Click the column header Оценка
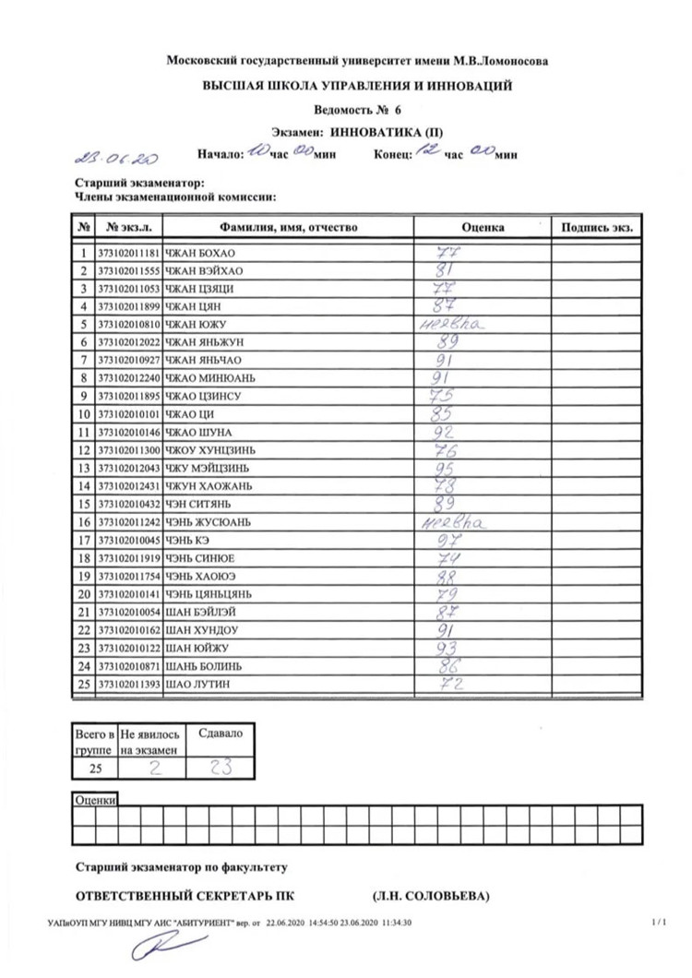click(x=483, y=227)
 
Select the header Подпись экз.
click(x=597, y=227)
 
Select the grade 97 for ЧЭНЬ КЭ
click(x=451, y=539)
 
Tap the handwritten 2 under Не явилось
click(x=155, y=766)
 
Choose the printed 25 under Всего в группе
click(x=94, y=767)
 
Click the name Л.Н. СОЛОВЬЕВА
click(x=431, y=895)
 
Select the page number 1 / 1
click(x=658, y=921)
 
